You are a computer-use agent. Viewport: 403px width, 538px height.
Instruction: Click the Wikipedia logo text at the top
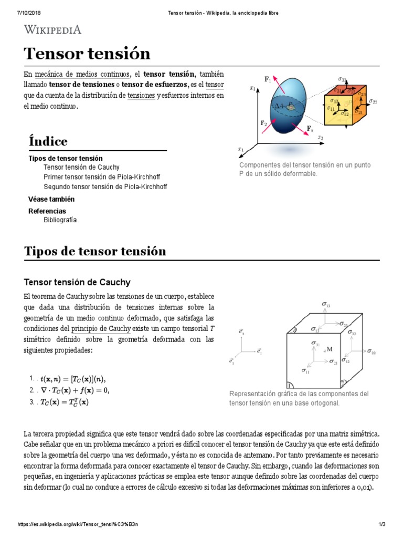pyautogui.click(x=53, y=29)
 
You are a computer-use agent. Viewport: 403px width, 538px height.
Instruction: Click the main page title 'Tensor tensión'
pyautogui.click(x=87, y=54)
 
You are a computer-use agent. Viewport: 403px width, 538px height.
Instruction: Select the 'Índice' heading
pyautogui.click(x=48, y=141)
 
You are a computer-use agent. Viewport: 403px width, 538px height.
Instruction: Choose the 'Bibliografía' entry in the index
pyautogui.click(x=60, y=220)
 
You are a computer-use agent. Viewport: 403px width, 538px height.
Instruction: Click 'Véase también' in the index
pyautogui.click(x=51, y=199)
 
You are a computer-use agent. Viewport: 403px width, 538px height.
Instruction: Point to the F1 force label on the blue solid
pyautogui.click(x=268, y=79)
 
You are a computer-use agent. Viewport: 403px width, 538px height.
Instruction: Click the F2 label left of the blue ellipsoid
pyautogui.click(x=264, y=123)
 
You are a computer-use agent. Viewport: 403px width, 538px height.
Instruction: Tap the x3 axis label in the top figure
pyautogui.click(x=253, y=89)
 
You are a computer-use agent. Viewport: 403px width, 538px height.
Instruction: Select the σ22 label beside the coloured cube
pyautogui.click(x=373, y=101)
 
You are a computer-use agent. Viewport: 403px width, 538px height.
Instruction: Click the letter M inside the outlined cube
pyautogui.click(x=330, y=349)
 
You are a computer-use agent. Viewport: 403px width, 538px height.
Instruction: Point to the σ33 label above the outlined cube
pyautogui.click(x=326, y=304)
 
